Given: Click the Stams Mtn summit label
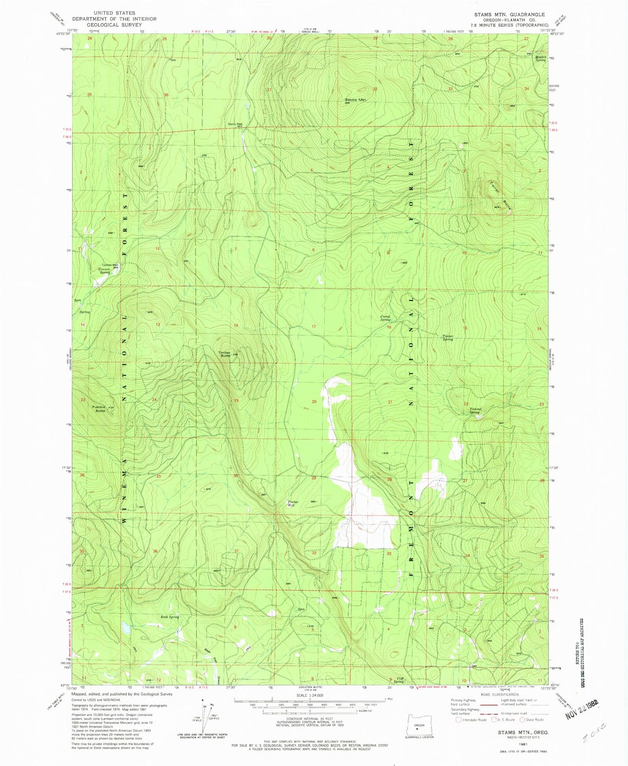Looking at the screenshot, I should [356, 100].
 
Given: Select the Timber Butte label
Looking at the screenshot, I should [224, 354].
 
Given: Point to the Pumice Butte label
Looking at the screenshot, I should [99, 408].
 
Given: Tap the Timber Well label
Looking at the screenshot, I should [292, 504].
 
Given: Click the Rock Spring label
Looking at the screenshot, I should [169, 617].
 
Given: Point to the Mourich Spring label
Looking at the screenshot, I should [540, 58].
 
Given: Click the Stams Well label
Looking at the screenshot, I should [235, 124].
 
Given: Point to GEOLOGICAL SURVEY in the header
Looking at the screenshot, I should [114, 25].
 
